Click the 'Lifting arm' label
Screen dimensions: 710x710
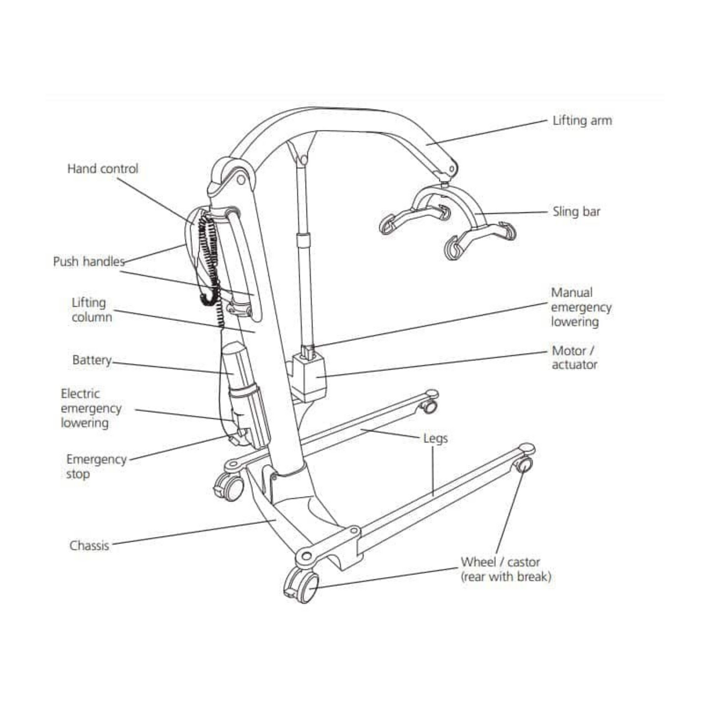(582, 121)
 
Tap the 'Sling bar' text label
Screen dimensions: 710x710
(576, 212)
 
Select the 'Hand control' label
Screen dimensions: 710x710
(103, 169)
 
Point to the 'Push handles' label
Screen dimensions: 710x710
(89, 261)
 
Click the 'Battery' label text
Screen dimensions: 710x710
(92, 360)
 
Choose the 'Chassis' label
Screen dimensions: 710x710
(89, 545)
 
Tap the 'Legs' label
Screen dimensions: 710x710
(435, 438)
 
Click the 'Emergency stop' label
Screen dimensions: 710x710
(96, 466)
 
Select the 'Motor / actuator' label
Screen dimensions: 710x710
(573, 358)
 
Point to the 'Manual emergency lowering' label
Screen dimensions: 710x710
(580, 307)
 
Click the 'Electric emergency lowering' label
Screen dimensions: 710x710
(91, 408)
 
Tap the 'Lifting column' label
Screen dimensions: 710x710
(91, 310)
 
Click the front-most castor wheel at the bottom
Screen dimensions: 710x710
(302, 585)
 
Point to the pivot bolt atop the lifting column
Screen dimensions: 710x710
(241, 180)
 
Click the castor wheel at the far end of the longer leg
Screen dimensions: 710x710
(524, 464)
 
